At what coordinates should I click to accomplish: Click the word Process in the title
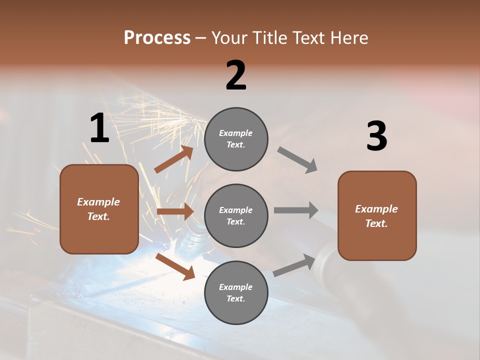(x=157, y=38)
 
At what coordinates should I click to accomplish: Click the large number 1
(x=99, y=128)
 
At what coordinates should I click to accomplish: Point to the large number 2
(x=236, y=76)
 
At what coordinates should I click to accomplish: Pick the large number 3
(x=376, y=136)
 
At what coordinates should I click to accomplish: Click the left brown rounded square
(x=99, y=209)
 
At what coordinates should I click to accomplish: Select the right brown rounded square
(x=377, y=215)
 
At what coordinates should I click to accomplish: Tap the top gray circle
(x=236, y=139)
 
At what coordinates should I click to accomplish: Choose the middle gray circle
(x=236, y=215)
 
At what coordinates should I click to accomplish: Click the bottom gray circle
(x=236, y=292)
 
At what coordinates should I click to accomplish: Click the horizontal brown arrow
(x=175, y=211)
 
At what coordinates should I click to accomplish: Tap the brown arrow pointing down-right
(x=175, y=266)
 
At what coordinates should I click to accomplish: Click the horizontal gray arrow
(x=296, y=210)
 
